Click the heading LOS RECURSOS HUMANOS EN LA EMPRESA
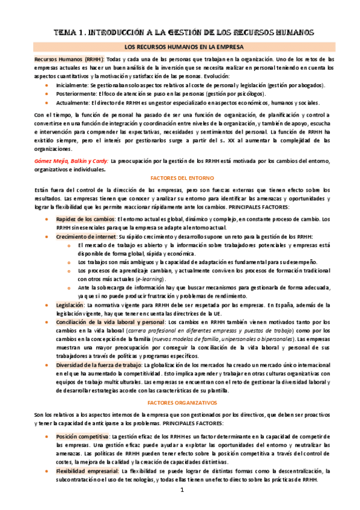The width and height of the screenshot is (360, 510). (180, 46)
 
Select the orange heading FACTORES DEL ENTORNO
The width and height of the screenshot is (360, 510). (180, 179)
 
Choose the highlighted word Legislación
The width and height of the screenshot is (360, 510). (70, 306)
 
